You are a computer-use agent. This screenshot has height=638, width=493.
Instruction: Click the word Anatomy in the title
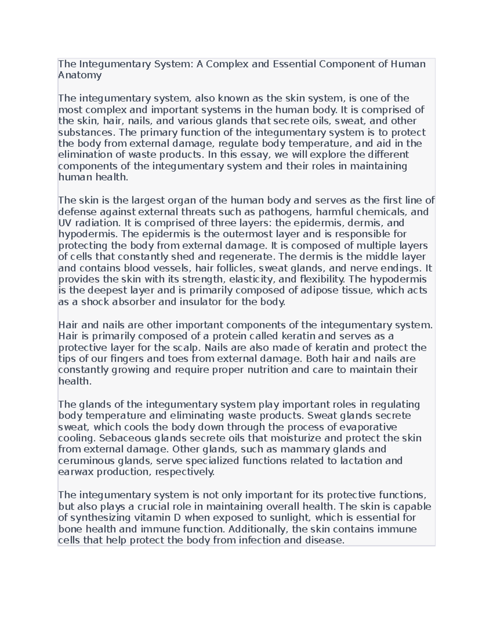[80, 75]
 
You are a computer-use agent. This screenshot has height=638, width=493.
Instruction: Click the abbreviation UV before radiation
[65, 223]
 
